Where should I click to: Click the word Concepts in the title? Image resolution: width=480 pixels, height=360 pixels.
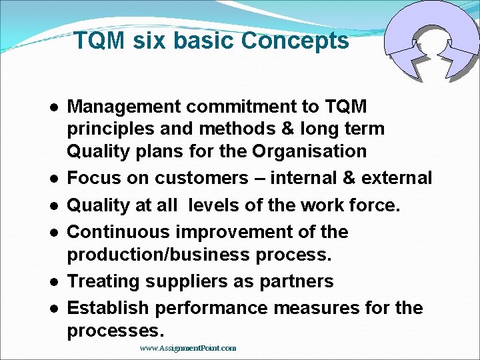[x=295, y=41]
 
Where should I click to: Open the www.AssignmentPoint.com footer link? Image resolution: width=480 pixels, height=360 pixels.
[x=188, y=348]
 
